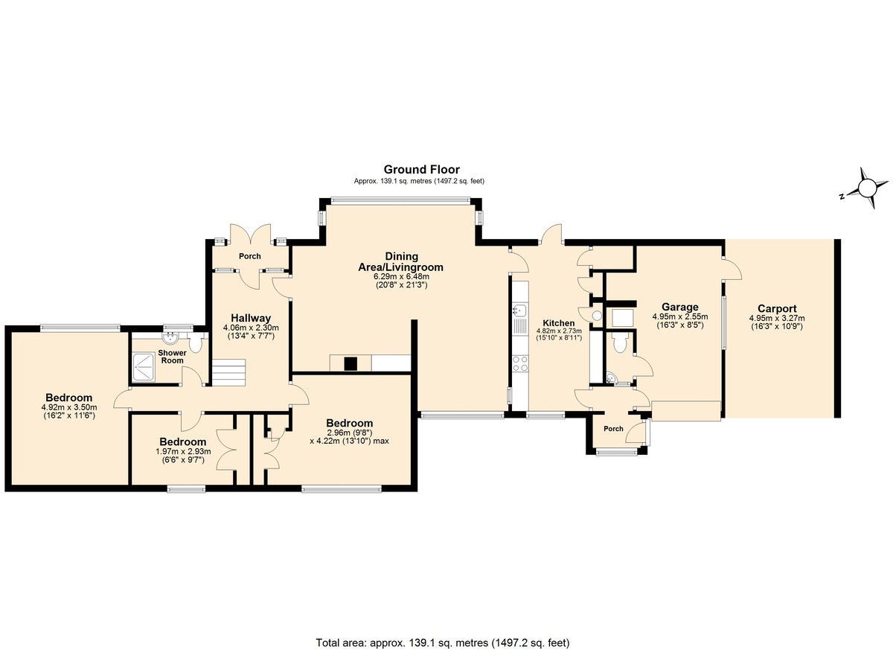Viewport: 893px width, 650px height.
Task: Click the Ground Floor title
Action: click(422, 170)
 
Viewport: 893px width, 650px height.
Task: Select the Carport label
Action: click(777, 308)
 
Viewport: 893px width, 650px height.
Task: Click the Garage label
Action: click(680, 307)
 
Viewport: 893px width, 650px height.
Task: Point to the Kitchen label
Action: click(559, 323)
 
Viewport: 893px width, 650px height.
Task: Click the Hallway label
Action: click(251, 318)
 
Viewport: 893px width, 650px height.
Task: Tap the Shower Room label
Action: click(172, 357)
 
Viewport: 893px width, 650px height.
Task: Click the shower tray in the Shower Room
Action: click(144, 366)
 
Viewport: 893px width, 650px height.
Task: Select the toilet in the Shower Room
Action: click(195, 343)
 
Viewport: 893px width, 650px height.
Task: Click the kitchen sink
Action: click(520, 310)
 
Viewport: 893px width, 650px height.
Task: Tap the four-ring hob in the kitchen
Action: click(520, 363)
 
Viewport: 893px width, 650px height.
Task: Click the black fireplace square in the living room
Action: click(351, 364)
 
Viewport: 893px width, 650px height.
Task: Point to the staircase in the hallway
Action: click(228, 372)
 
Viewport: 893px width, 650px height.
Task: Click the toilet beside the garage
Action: click(621, 343)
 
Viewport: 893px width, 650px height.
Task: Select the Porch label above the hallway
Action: click(249, 256)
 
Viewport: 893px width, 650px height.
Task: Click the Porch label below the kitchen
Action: click(613, 429)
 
